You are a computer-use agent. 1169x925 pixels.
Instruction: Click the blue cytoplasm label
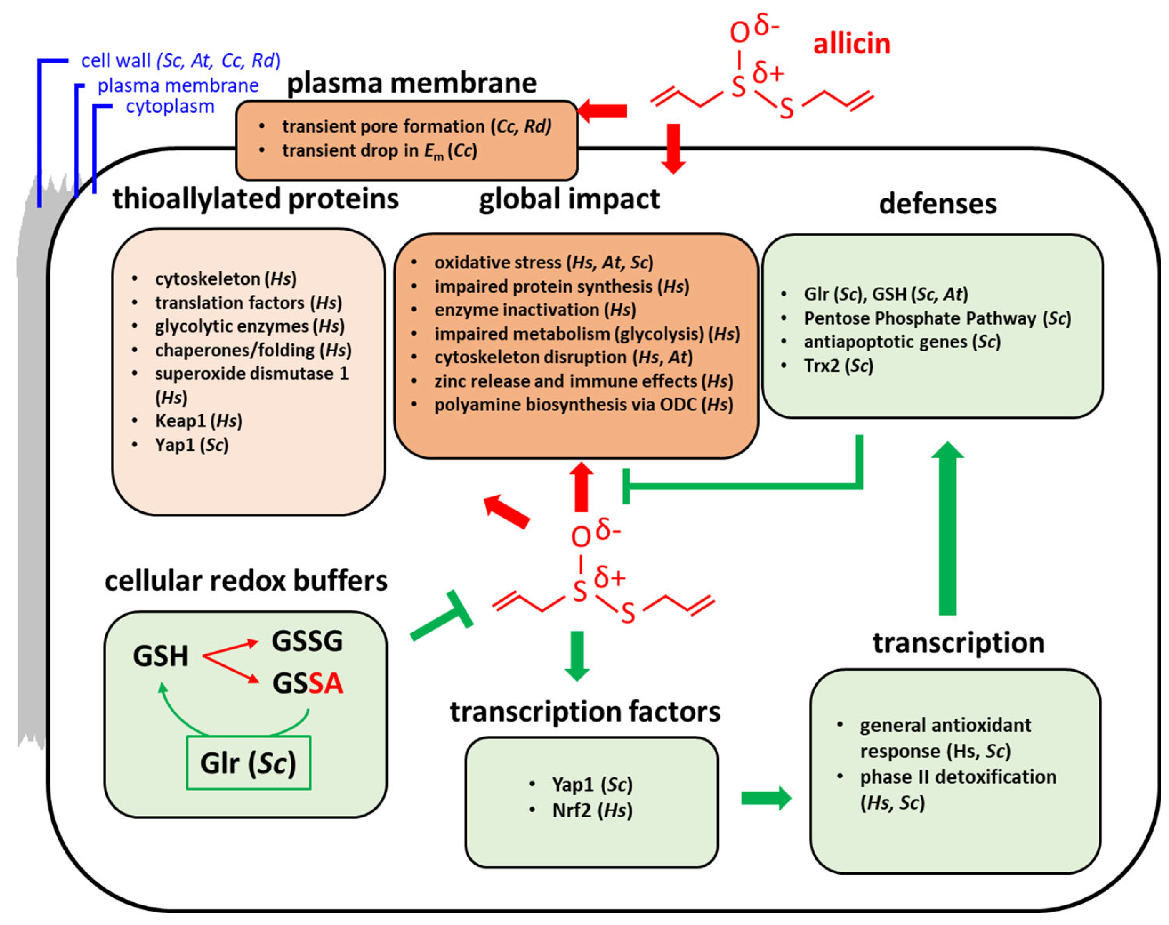[170, 106]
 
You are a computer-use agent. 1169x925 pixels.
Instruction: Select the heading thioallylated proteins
[255, 198]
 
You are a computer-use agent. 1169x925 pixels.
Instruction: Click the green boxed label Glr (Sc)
[248, 762]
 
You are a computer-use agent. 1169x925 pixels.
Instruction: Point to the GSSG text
[307, 641]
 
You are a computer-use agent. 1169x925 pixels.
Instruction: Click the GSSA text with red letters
[308, 683]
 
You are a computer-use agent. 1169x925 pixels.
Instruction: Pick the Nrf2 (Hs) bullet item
[592, 810]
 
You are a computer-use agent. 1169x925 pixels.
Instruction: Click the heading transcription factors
[584, 711]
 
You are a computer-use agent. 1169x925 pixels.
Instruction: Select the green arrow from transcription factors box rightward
[765, 798]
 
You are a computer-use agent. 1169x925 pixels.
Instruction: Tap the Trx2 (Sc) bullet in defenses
[838, 366]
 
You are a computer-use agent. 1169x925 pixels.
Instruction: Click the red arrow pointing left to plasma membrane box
[602, 111]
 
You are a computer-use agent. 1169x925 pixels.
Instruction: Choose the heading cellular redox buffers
[246, 581]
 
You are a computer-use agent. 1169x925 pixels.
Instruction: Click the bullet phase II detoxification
[957, 777]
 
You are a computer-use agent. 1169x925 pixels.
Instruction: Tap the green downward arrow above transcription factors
[577, 655]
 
